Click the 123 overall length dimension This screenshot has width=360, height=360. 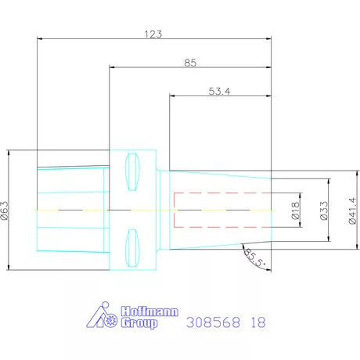153,34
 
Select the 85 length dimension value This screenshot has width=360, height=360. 190,63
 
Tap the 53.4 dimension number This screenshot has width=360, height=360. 219,92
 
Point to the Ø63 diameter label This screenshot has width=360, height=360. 5,211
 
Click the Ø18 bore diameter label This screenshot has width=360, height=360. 295,211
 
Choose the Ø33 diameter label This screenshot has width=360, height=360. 324,211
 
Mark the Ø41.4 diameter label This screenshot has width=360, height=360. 352,211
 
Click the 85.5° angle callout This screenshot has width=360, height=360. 255,257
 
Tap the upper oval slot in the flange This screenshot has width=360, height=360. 132,171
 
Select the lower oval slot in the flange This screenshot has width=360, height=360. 132,248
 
